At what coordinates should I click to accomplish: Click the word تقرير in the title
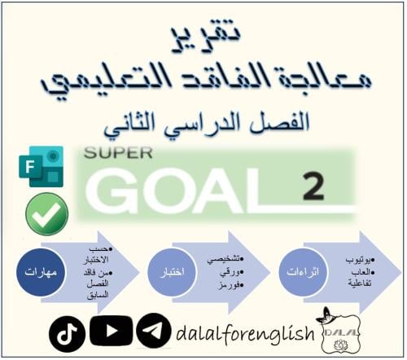coord(202,33)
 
